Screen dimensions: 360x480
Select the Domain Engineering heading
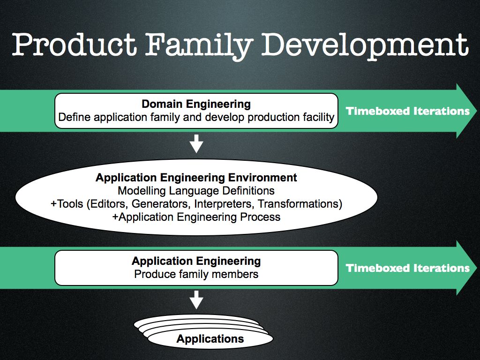click(x=196, y=104)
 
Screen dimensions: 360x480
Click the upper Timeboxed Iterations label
click(x=408, y=111)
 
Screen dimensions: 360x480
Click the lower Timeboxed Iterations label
click(x=408, y=268)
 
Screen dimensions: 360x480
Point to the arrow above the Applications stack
click(x=196, y=300)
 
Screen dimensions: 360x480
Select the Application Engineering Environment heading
click(x=196, y=178)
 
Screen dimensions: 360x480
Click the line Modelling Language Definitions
click(x=196, y=191)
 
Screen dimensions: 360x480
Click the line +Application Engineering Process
click(x=196, y=217)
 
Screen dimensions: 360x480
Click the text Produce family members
click(x=196, y=274)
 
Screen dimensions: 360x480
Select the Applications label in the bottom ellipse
click(x=210, y=339)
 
